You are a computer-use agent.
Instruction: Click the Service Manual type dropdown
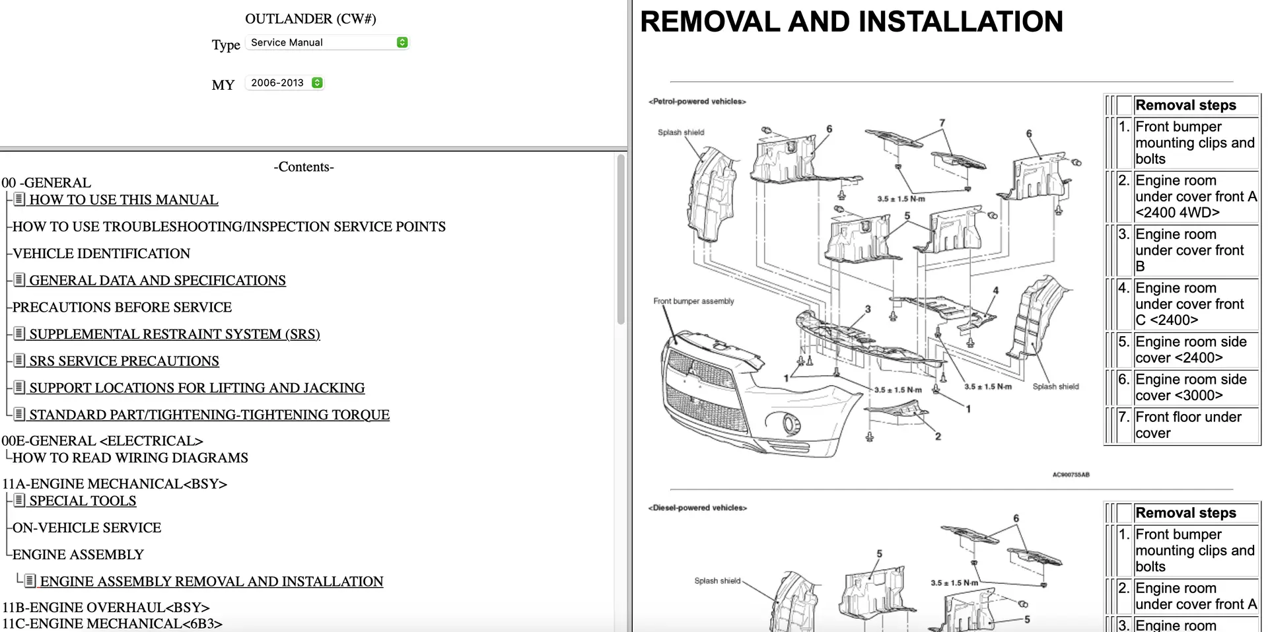coord(327,42)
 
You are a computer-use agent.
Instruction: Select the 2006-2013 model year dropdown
coord(285,83)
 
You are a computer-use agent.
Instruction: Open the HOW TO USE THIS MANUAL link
coord(123,199)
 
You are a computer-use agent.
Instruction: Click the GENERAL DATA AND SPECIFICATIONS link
coord(157,280)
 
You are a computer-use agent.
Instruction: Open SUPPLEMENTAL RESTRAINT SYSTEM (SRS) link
coord(174,334)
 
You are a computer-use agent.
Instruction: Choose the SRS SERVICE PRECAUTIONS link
coord(124,361)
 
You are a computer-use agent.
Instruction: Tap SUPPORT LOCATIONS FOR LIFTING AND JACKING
coord(197,388)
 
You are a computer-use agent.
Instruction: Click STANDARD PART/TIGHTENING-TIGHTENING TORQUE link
coord(209,415)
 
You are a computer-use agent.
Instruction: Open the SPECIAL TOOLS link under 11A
coord(83,501)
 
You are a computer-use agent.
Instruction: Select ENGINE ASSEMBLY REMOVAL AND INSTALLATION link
coord(211,581)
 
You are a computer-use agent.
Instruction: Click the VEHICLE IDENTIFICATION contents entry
coord(101,254)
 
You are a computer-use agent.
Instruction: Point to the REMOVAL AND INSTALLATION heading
coord(851,22)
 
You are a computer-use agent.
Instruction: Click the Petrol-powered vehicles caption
coord(697,102)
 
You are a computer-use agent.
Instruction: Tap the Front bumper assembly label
coord(693,301)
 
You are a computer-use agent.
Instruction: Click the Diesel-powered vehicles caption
coord(697,508)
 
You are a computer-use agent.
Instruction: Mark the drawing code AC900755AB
coord(1071,475)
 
